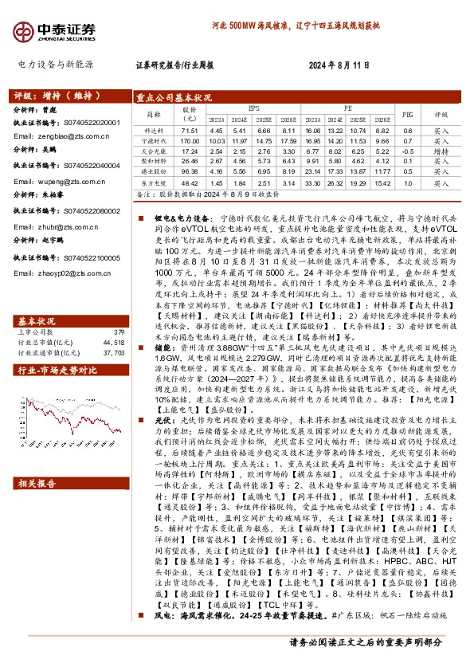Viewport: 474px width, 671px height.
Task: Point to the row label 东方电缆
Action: (153, 182)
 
